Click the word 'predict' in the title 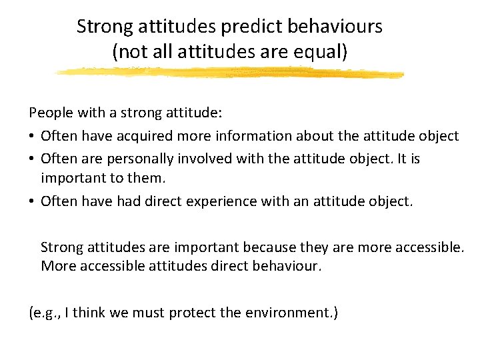click(x=243, y=27)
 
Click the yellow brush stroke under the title click(x=230, y=72)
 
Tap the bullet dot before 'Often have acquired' click(x=32, y=137)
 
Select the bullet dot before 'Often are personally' click(x=32, y=159)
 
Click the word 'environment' click(x=293, y=312)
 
